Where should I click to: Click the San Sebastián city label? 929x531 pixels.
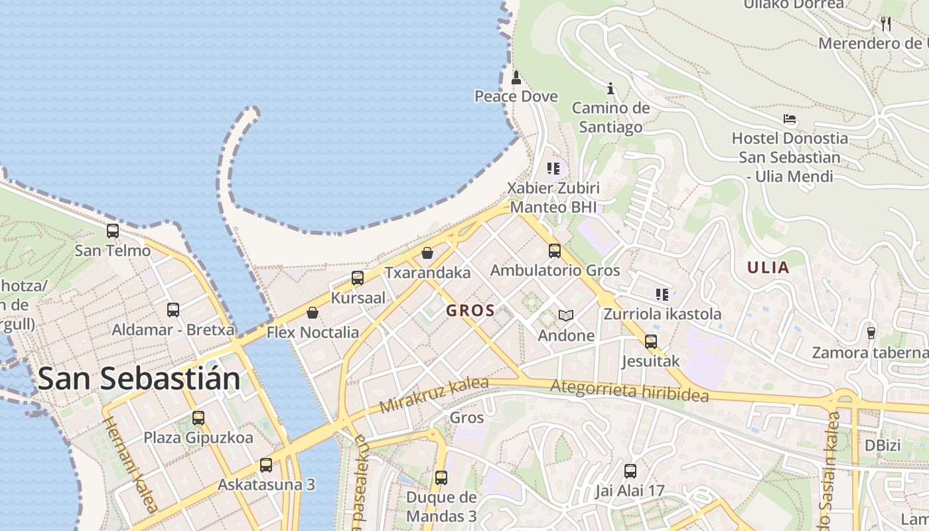tap(139, 378)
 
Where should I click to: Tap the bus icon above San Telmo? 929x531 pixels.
tap(113, 231)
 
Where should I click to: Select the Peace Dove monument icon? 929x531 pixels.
tap(516, 78)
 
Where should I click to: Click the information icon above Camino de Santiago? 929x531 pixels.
tap(610, 88)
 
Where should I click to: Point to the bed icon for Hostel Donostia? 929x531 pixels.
tap(790, 119)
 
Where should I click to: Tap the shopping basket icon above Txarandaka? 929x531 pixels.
tap(427, 253)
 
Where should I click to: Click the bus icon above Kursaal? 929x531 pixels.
tap(358, 278)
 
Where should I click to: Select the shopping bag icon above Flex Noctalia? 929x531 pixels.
tap(313, 313)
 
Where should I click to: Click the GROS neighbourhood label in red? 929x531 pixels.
tap(470, 311)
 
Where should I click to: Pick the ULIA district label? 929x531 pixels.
tap(768, 268)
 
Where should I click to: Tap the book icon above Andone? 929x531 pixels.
tap(565, 315)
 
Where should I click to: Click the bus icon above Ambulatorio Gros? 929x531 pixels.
tap(555, 251)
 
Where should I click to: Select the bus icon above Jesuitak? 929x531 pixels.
tap(651, 342)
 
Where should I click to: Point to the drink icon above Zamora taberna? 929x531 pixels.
tap(871, 333)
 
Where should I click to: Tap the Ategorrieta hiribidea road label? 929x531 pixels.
tap(629, 390)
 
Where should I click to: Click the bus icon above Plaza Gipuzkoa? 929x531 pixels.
tap(198, 418)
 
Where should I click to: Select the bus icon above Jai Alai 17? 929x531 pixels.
tap(630, 471)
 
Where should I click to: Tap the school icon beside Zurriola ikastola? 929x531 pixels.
tap(662, 294)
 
